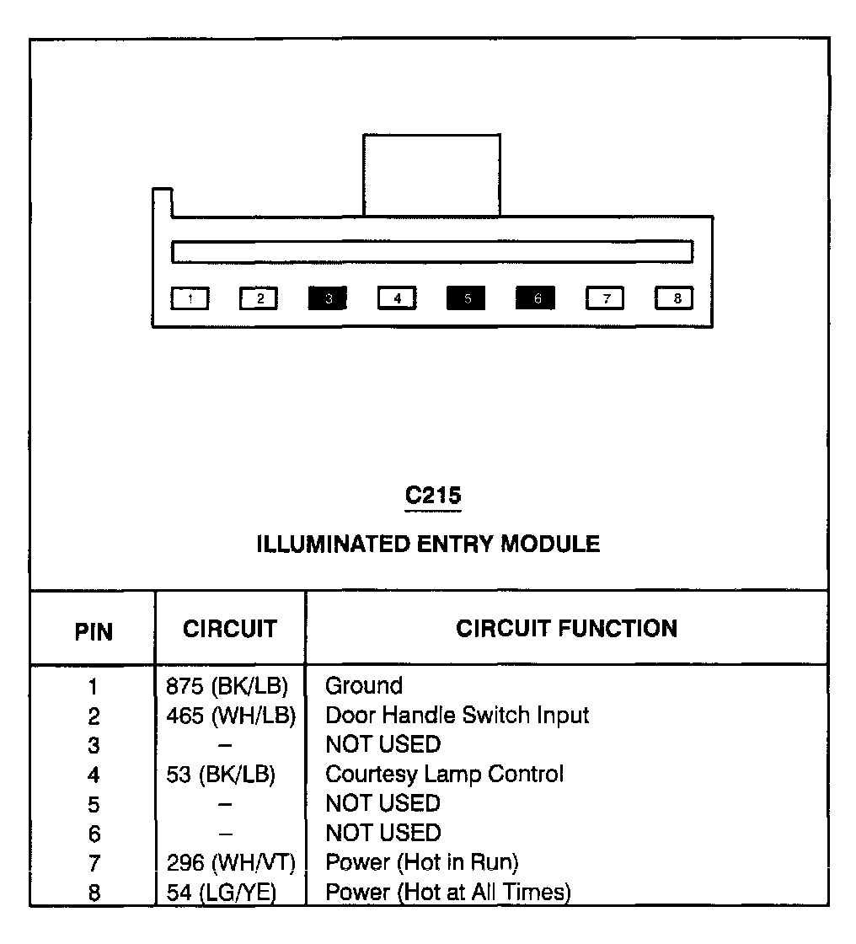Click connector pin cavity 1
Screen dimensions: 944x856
pyautogui.click(x=190, y=298)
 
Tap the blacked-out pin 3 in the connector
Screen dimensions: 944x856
pyautogui.click(x=328, y=298)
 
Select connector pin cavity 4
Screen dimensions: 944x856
pyautogui.click(x=397, y=298)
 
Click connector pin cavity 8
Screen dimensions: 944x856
pyautogui.click(x=674, y=298)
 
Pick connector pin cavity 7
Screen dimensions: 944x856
pyautogui.click(x=605, y=298)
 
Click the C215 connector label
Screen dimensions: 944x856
pyautogui.click(x=432, y=496)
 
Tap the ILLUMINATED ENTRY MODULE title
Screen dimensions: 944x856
pyautogui.click(x=428, y=544)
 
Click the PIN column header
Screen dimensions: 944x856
pyautogui.click(x=94, y=632)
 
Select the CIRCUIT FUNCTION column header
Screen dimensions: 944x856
pyautogui.click(x=566, y=629)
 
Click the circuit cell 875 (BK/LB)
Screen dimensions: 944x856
pyautogui.click(x=227, y=685)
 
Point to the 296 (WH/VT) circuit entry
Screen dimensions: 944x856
pyautogui.click(x=230, y=862)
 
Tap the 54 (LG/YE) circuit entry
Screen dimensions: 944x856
pyautogui.click(x=222, y=892)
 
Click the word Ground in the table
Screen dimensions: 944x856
pyautogui.click(x=364, y=685)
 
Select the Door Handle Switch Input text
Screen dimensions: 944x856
pyautogui.click(x=457, y=716)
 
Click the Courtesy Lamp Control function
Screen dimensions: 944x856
pyautogui.click(x=444, y=774)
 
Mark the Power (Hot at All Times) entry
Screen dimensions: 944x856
pyautogui.click(x=448, y=892)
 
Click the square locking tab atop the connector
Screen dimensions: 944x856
pyautogui.click(x=431, y=174)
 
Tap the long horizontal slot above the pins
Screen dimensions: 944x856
pyautogui.click(x=431, y=251)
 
